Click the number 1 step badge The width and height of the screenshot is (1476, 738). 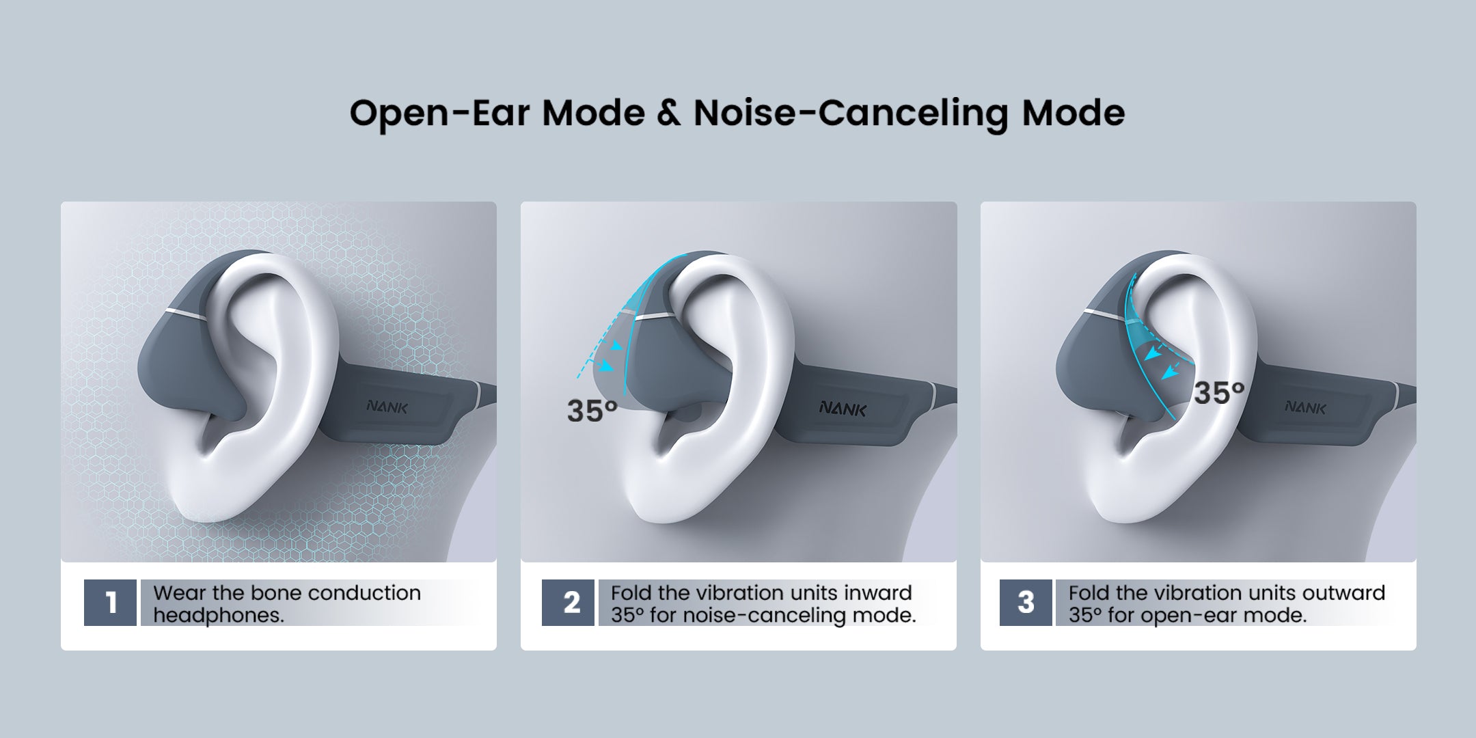[x=110, y=603]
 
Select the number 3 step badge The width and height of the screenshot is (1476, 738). [x=1026, y=603]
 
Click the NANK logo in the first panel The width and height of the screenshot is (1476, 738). [x=387, y=407]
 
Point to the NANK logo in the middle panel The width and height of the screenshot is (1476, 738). [x=843, y=409]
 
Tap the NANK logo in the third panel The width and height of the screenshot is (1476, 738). [x=1305, y=407]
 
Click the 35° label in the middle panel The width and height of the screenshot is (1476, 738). [x=592, y=411]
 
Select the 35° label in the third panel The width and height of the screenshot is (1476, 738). [x=1219, y=393]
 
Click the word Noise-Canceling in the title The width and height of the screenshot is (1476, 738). [x=851, y=113]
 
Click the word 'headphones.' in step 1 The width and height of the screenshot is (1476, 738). [x=219, y=615]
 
